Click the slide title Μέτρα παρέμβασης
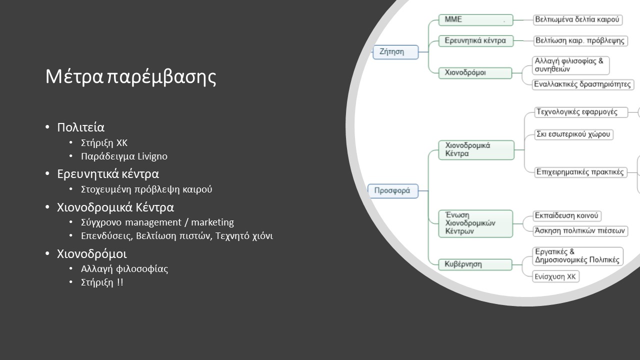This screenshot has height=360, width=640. (131, 76)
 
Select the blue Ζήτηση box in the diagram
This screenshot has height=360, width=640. (395, 52)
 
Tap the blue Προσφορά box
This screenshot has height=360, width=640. (393, 191)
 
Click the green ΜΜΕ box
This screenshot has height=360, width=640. (475, 20)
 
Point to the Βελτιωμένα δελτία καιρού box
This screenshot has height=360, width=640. (577, 19)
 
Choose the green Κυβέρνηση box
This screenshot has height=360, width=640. (475, 264)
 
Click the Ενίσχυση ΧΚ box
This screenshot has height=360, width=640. (555, 276)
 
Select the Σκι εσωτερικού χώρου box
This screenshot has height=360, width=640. (573, 134)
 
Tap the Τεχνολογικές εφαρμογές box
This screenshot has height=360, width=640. (581, 112)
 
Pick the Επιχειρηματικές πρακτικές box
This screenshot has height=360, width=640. (581, 172)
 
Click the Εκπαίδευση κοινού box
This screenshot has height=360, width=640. (567, 215)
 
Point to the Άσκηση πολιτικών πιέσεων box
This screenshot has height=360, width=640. (580, 231)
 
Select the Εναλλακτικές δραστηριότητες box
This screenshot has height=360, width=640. (583, 84)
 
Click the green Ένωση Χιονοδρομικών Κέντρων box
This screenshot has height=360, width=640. (475, 223)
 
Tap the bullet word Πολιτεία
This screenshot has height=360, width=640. (81, 127)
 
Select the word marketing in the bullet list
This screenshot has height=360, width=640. (212, 222)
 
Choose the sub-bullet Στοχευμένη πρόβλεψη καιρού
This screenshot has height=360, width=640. (146, 189)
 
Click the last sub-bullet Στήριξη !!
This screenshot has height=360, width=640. (102, 282)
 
